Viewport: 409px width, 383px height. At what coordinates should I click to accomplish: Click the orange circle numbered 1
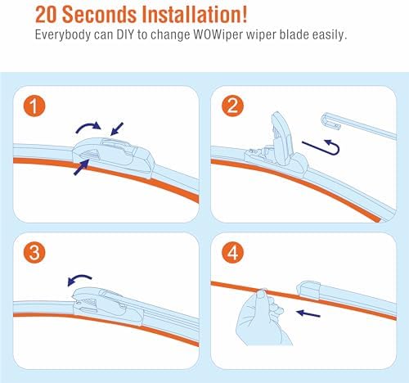[34, 106]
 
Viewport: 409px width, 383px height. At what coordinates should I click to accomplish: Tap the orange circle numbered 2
[232, 106]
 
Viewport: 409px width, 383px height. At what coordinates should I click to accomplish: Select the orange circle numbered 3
[34, 253]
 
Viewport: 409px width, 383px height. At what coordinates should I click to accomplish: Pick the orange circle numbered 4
[232, 253]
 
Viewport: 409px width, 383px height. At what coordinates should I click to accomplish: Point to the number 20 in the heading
[46, 15]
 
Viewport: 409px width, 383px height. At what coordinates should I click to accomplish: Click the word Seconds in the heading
[100, 15]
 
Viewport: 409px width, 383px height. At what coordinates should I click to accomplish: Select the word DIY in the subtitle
[124, 35]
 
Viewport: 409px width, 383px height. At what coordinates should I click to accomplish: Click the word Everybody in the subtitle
[63, 35]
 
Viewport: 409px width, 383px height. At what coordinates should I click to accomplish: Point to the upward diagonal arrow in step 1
[81, 168]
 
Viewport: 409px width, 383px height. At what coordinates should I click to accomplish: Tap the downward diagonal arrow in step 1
[117, 128]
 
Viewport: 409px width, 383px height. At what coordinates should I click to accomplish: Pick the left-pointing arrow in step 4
[308, 313]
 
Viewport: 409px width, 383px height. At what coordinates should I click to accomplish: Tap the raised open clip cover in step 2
[281, 137]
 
